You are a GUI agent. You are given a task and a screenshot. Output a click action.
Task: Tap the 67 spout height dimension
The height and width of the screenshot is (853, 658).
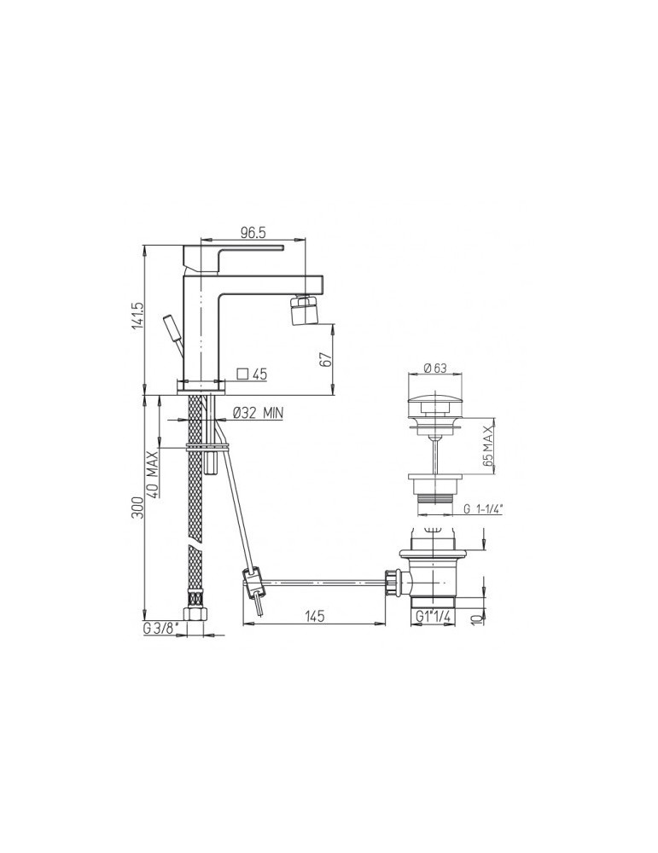coord(325,360)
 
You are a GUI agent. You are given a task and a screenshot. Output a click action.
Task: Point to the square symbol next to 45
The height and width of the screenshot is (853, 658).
coord(242,373)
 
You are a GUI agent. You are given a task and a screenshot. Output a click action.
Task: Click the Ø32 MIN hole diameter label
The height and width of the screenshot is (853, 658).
coord(257,413)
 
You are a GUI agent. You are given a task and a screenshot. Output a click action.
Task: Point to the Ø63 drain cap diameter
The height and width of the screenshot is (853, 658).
coord(435,368)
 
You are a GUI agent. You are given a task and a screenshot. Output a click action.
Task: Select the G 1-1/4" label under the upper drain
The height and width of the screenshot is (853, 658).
coord(484,509)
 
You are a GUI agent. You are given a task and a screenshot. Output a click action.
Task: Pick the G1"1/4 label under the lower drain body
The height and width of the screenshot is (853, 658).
coord(433,617)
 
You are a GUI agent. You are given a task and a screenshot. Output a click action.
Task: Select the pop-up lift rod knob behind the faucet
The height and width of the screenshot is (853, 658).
coord(171,328)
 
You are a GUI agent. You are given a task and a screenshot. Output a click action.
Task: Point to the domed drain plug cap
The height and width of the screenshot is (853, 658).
coord(435,400)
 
